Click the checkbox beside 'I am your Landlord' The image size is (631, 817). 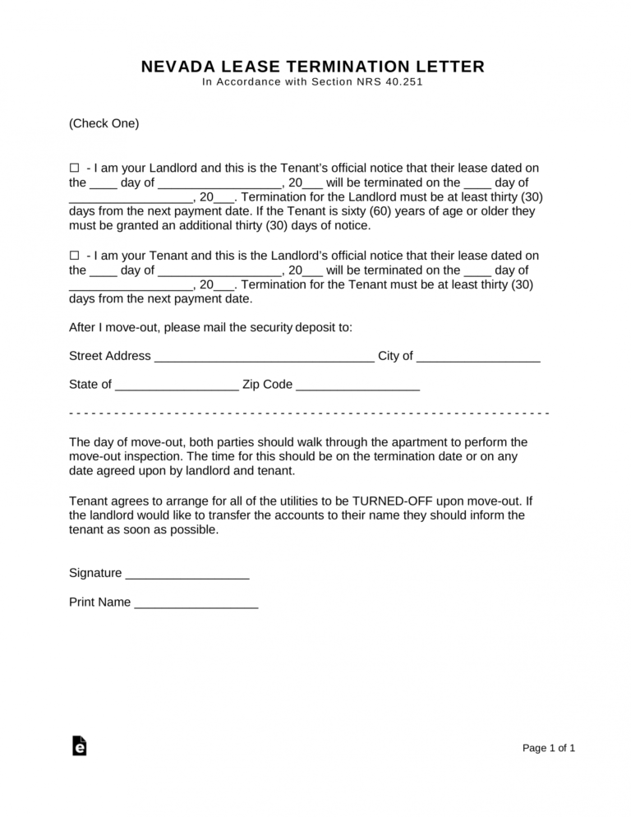pyautogui.click(x=74, y=168)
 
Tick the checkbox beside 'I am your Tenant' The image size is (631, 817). pyautogui.click(x=74, y=256)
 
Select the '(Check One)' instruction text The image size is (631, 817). pyautogui.click(x=104, y=124)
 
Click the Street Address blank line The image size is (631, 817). pyautogui.click(x=264, y=358)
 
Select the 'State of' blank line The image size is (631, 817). pyautogui.click(x=177, y=385)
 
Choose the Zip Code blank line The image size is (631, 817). pyautogui.click(x=357, y=385)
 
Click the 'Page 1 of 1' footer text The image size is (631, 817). pyautogui.click(x=549, y=749)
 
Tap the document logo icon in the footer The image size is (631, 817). pyautogui.click(x=79, y=745)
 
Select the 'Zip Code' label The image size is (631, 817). pyautogui.click(x=267, y=385)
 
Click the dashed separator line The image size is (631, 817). pyautogui.click(x=309, y=412)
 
